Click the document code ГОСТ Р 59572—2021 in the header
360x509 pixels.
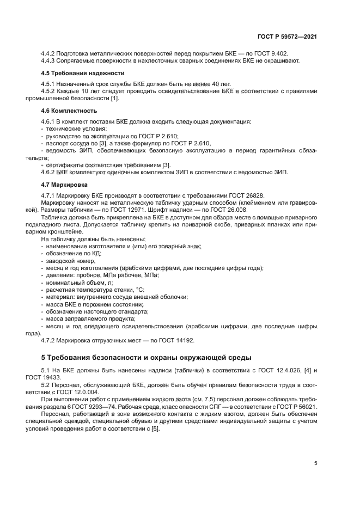tap(287, 36)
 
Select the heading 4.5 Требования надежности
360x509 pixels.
tap(83, 73)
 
